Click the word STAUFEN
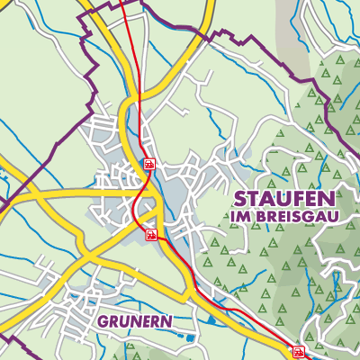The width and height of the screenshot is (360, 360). tap(283, 199)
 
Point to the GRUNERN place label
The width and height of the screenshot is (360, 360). tap(135, 320)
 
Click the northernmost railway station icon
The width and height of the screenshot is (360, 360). tap(148, 164)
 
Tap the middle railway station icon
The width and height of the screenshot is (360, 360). tap(152, 235)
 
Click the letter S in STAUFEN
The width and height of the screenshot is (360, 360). tap(240, 199)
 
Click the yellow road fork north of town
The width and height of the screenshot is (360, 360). tap(138, 94)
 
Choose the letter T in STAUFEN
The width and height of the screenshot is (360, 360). tap(255, 199)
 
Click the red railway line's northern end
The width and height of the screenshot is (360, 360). tap(123, 2)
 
